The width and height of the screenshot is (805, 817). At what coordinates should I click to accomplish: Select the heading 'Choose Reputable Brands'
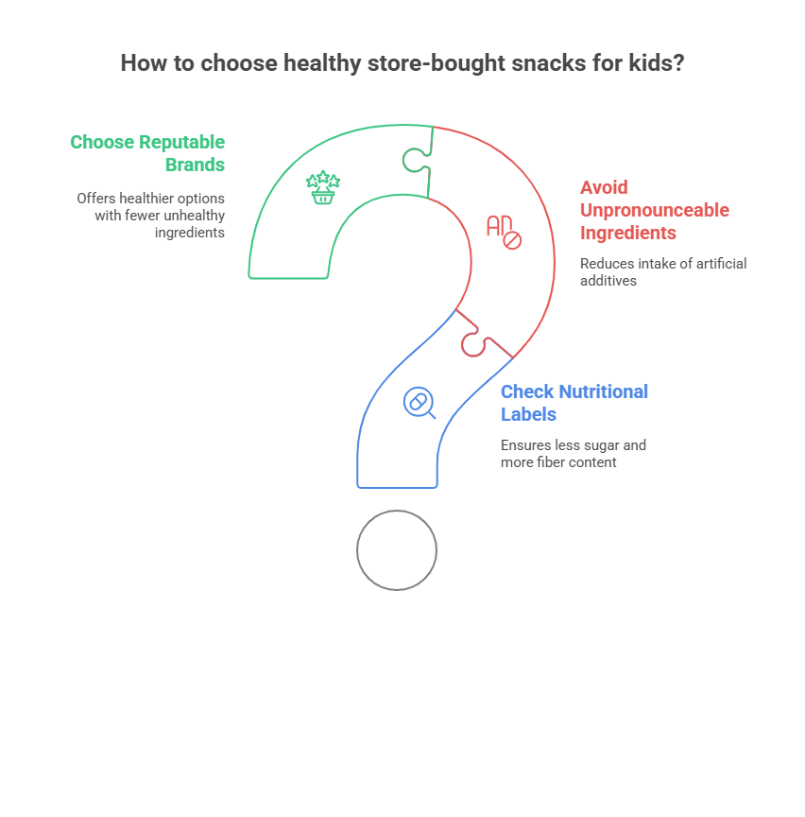tap(147, 153)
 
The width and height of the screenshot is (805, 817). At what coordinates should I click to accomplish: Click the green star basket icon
tap(323, 187)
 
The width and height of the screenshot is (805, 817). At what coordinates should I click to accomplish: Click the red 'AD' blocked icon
tap(504, 232)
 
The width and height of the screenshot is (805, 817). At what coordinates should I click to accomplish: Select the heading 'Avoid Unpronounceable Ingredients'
tap(654, 210)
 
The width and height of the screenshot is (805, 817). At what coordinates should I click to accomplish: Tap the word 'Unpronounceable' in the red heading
tap(654, 210)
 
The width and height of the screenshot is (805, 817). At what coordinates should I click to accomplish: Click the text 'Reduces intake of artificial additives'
tap(662, 271)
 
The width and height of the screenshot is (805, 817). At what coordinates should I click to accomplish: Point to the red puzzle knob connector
tap(473, 343)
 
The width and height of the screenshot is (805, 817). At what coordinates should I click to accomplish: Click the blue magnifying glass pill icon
tap(419, 403)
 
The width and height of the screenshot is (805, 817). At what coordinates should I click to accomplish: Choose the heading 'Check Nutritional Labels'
tap(574, 402)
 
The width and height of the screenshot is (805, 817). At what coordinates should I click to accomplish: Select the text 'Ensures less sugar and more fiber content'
tap(573, 453)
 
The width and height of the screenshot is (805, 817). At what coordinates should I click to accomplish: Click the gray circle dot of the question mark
tap(397, 550)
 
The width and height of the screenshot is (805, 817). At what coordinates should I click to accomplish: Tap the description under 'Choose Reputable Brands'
tap(151, 216)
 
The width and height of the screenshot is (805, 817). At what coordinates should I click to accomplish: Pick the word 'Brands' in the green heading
tap(195, 165)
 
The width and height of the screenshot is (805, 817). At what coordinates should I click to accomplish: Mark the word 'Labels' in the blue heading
tap(528, 413)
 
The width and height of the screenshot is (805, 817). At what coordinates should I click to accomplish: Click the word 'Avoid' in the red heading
tap(604, 187)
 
